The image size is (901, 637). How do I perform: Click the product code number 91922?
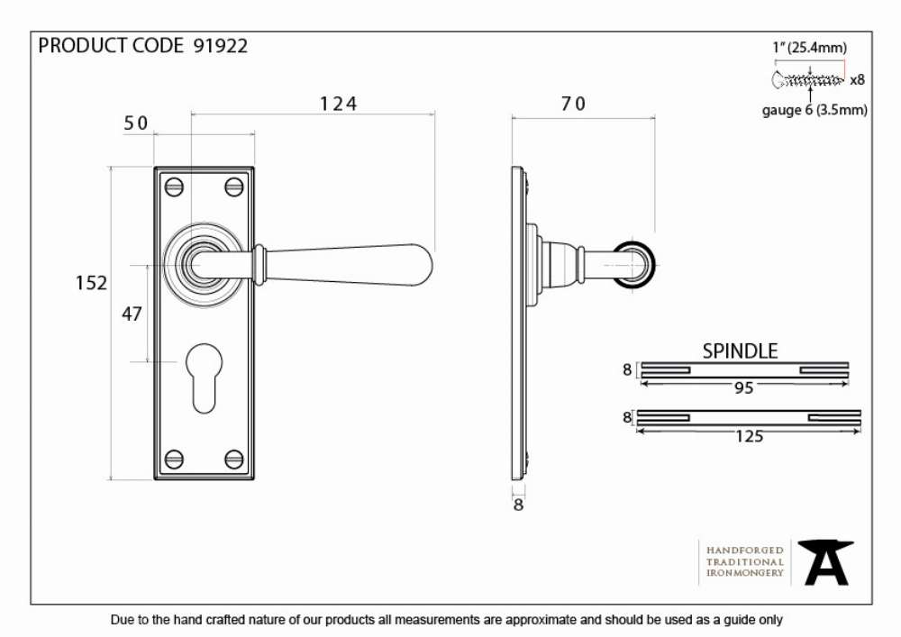click(x=221, y=45)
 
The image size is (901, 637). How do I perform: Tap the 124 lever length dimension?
click(x=338, y=104)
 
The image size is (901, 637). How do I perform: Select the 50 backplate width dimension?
click(x=136, y=123)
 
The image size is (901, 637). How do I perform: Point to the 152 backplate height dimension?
click(x=91, y=283)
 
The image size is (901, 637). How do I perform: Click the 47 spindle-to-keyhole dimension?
click(x=132, y=314)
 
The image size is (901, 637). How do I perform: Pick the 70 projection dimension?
click(x=573, y=104)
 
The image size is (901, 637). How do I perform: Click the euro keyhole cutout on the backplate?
click(x=204, y=378)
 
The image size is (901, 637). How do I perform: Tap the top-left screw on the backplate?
click(x=174, y=187)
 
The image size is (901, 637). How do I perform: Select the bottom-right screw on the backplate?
click(x=234, y=459)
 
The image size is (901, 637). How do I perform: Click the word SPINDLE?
click(x=740, y=351)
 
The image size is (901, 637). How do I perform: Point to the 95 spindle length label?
click(x=743, y=388)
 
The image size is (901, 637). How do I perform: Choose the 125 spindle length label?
click(x=750, y=437)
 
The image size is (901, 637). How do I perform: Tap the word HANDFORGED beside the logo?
click(x=745, y=551)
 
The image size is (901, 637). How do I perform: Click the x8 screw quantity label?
click(x=857, y=80)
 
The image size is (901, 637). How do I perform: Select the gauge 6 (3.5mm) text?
click(x=815, y=110)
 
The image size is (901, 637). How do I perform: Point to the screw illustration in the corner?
click(x=808, y=80)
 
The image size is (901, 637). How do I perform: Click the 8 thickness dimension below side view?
click(x=518, y=505)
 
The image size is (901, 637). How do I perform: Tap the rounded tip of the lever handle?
click(x=424, y=266)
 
